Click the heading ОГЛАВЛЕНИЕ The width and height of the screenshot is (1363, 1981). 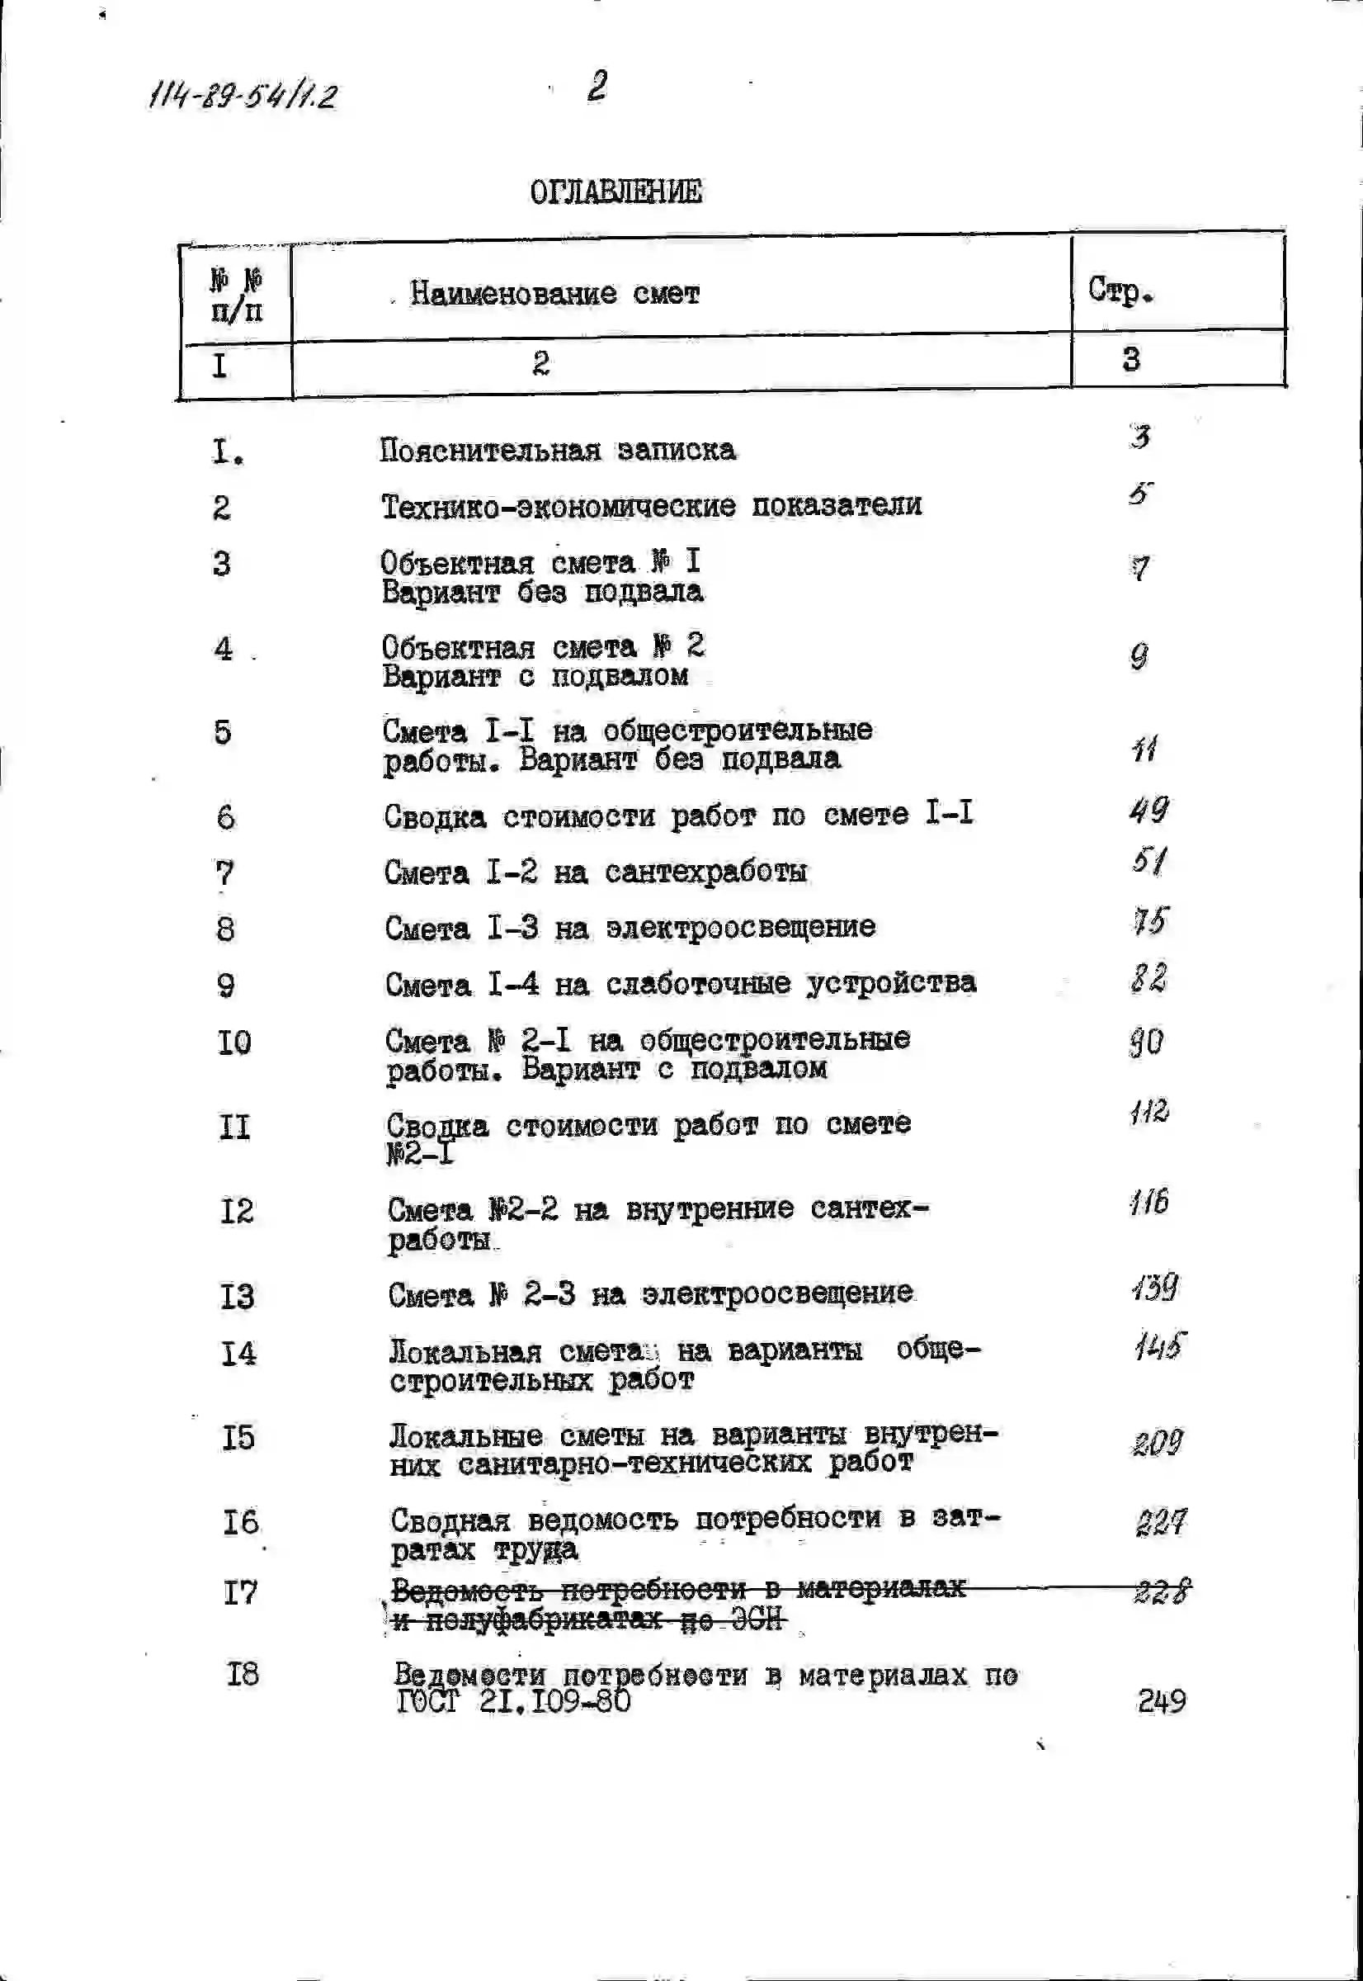tap(615, 192)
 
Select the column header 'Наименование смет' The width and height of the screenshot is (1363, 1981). tap(554, 294)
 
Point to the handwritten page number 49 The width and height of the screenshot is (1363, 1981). tap(1148, 809)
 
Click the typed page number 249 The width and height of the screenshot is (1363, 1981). tap(1162, 1701)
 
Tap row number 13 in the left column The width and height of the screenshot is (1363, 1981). tap(238, 1297)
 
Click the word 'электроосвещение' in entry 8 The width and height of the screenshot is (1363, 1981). tap(740, 927)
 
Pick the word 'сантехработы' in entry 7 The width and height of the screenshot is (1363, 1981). tap(705, 872)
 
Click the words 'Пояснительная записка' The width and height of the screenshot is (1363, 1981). tap(557, 450)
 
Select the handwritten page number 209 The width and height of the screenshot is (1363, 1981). tap(1158, 1443)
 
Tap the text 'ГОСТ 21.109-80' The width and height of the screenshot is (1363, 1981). tap(513, 1702)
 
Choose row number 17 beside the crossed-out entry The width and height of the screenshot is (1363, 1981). tap(240, 1592)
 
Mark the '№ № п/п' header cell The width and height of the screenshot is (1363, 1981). tap(236, 295)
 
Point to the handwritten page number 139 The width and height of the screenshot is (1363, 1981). tap(1155, 1287)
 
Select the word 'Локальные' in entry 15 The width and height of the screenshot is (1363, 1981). tap(465, 1436)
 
